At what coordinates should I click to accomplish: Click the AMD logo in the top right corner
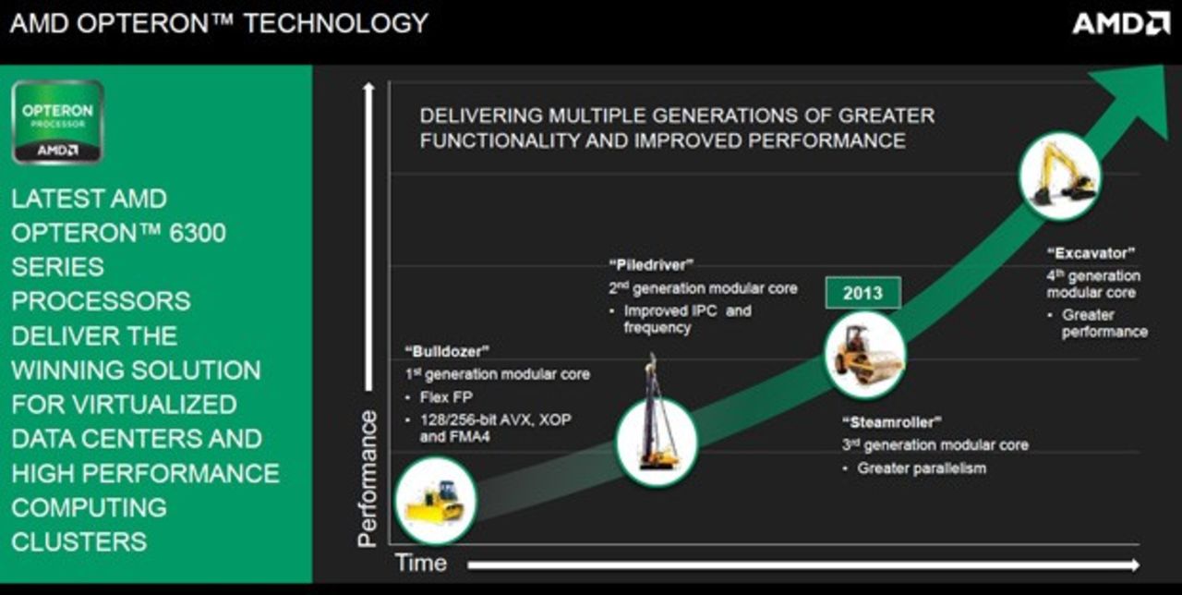coord(1120,23)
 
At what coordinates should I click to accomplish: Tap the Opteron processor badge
coord(57,122)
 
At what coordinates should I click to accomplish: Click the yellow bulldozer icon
coord(434,500)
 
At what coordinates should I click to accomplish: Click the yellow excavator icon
coord(1059,175)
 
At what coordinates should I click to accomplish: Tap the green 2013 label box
coord(862,294)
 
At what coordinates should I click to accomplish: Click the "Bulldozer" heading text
coord(447,351)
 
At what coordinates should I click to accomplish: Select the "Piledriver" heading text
coord(651,265)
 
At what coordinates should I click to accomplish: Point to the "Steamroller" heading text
coord(890,422)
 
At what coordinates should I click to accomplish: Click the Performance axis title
coord(368,478)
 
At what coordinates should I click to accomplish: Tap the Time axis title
coord(420,563)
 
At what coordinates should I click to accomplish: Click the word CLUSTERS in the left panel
coord(78,541)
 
